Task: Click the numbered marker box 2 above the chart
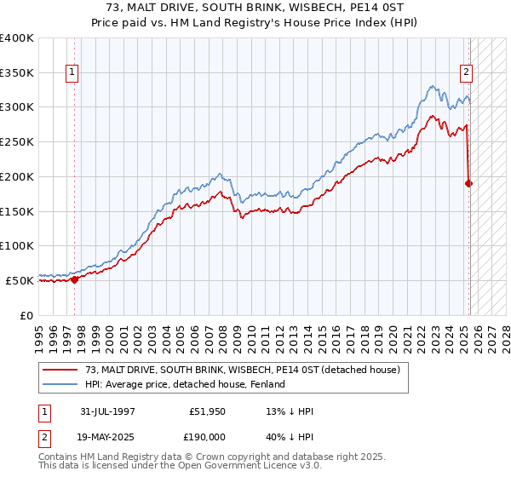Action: pos(467,73)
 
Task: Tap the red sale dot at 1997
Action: pos(74,279)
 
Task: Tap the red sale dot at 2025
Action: pos(469,182)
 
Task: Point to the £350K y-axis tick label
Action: pos(17,73)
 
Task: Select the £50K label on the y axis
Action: pos(20,280)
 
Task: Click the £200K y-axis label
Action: pos(17,176)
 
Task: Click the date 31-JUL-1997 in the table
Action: pos(106,411)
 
